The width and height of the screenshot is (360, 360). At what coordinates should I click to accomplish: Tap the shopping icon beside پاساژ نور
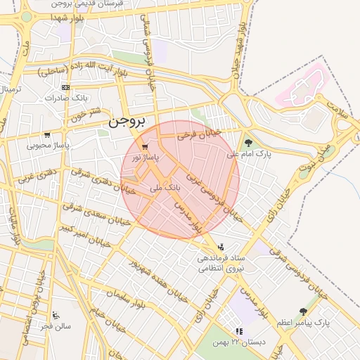[144, 147]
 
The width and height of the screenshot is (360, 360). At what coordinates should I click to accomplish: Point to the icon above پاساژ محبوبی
[47, 135]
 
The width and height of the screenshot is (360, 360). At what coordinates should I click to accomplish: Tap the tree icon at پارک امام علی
[248, 143]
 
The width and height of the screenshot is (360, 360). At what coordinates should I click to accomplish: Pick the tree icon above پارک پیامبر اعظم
[303, 311]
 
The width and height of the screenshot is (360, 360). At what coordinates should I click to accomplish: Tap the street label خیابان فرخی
[199, 134]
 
